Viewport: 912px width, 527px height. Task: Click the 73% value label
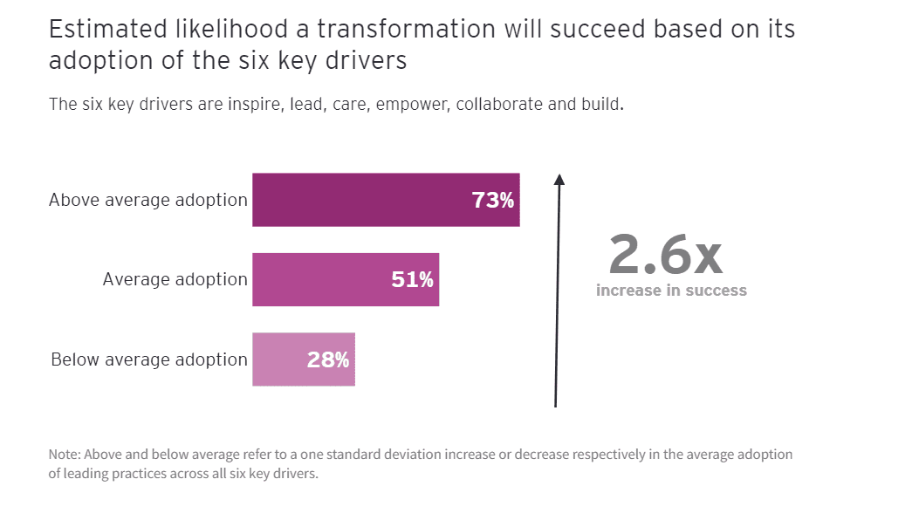[x=493, y=201]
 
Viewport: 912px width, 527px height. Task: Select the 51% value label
[x=412, y=280]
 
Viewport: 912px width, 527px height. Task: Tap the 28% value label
[x=328, y=359]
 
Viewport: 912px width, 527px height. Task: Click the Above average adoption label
[x=148, y=200]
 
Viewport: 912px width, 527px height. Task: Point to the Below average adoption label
[x=149, y=359]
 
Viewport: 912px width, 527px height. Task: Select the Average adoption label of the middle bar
[x=175, y=279]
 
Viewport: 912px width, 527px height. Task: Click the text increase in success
[x=671, y=291]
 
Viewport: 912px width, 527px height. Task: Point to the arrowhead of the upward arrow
[x=559, y=179]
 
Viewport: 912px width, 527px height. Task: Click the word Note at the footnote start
[x=63, y=455]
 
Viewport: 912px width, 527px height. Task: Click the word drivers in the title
[x=366, y=62]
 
